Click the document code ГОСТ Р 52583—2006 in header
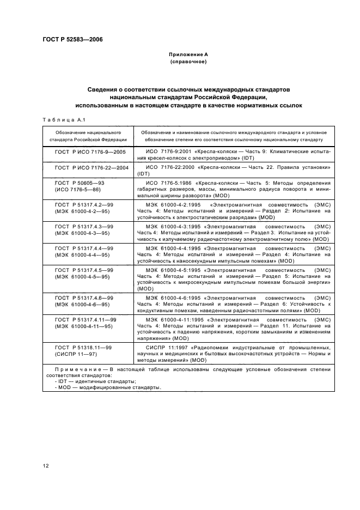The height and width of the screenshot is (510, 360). click(72, 39)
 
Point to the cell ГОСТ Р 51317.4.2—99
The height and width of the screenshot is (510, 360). click(87, 208)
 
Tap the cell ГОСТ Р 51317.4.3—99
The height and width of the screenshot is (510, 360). click(87, 229)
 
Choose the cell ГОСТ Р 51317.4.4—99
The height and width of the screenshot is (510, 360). click(87, 251)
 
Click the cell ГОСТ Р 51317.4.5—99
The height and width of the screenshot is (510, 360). click(87, 273)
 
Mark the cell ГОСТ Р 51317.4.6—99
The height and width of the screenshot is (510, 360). click(87, 302)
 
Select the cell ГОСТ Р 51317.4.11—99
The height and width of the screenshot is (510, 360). click(87, 324)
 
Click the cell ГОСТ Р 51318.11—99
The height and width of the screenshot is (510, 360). click(87, 350)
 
